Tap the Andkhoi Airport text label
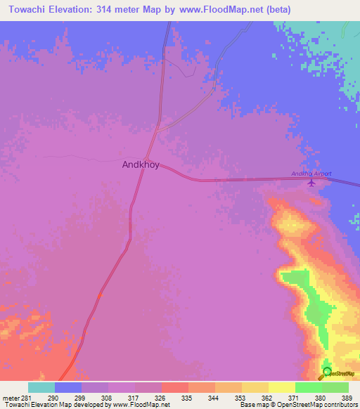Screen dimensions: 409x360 tap(311, 174)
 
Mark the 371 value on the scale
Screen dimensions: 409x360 tap(295, 397)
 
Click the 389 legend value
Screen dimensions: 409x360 tap(348, 397)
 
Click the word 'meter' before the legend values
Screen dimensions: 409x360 tap(10, 397)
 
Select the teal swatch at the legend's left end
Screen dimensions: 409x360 tap(41, 387)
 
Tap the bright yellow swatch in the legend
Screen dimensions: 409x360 tap(281, 387)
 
